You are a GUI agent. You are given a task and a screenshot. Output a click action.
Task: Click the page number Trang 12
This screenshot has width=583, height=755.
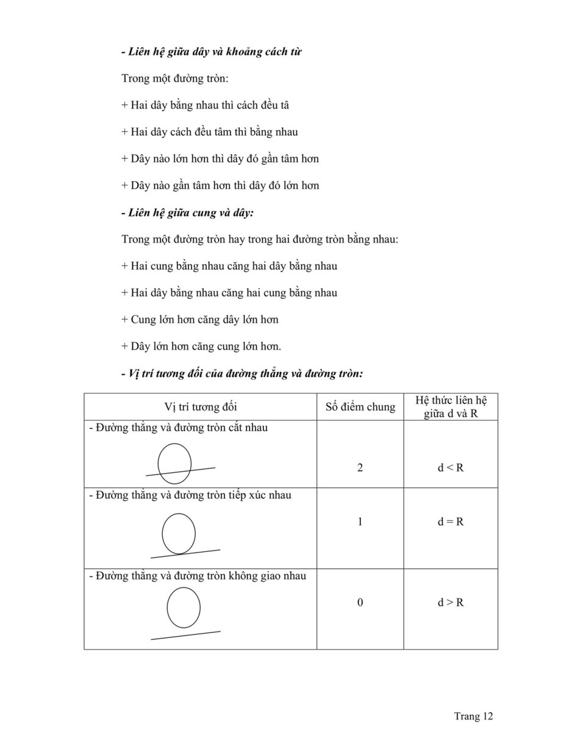pyautogui.click(x=473, y=716)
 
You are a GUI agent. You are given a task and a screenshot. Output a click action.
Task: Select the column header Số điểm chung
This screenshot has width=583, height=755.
pyautogui.click(x=360, y=407)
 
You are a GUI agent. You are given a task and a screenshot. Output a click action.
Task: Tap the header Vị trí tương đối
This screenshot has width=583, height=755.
pyautogui.click(x=201, y=407)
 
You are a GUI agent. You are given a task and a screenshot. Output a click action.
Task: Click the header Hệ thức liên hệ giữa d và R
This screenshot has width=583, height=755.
pyautogui.click(x=451, y=407)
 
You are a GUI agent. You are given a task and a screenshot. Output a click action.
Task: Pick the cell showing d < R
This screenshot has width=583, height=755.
pyautogui.click(x=451, y=468)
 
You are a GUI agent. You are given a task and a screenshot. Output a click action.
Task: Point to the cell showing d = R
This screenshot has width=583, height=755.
pyautogui.click(x=451, y=521)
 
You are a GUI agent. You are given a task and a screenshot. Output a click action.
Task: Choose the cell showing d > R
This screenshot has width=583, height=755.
pyautogui.click(x=451, y=603)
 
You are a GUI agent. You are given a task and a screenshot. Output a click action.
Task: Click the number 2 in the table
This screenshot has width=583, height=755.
pyautogui.click(x=360, y=468)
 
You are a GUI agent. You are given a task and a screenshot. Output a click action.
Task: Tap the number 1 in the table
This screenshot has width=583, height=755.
pyautogui.click(x=360, y=521)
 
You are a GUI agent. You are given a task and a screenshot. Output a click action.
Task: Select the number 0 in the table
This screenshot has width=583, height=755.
pyautogui.click(x=360, y=603)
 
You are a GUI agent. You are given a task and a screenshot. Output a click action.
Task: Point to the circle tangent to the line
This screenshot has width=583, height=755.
pyautogui.click(x=179, y=534)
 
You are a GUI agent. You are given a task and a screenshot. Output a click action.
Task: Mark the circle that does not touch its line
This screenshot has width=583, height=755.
pyautogui.click(x=184, y=607)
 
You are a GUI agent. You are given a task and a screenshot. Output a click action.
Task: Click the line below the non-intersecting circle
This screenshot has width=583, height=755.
pyautogui.click(x=185, y=635)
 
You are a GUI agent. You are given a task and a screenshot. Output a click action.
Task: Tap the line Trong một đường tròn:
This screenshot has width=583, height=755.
pyautogui.click(x=175, y=78)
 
